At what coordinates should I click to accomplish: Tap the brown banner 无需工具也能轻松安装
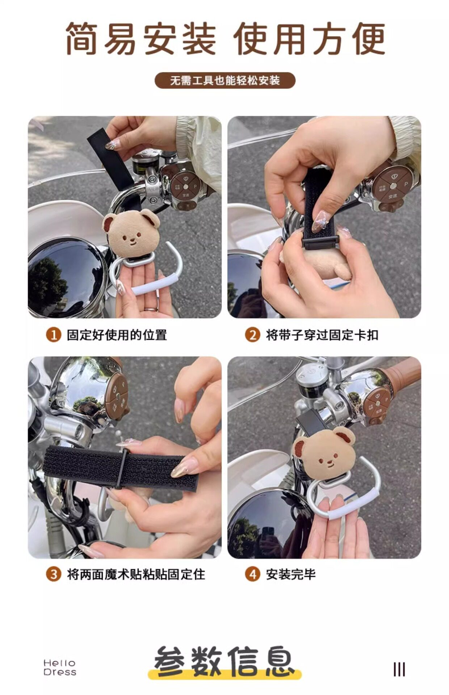point(225,80)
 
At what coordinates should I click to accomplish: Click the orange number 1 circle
point(53,335)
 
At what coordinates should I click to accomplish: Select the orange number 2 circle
point(252,335)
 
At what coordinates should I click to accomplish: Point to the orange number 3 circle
point(53,574)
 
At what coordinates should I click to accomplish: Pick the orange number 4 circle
point(252,574)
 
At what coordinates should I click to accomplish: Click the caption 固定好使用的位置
point(117,335)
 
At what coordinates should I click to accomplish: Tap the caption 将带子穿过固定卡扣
point(322,335)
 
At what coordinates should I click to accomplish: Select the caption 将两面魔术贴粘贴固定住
point(136,574)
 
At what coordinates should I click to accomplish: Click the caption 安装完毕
point(291,574)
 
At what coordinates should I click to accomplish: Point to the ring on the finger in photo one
point(151,309)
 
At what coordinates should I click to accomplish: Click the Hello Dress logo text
point(60,667)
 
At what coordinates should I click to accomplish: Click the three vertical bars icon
point(399,669)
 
